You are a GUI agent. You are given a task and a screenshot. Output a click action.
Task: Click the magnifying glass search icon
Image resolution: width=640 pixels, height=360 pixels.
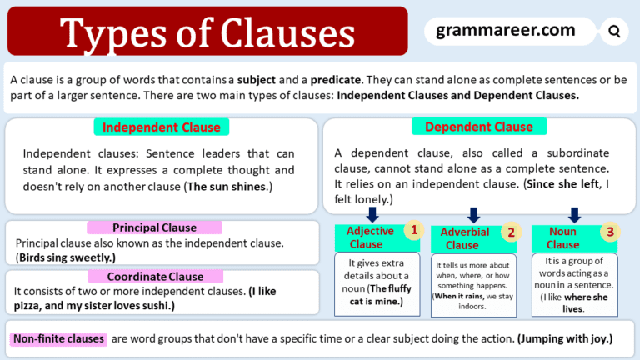(x=614, y=32)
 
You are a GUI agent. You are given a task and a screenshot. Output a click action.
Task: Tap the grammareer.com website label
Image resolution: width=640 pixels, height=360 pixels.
(x=506, y=31)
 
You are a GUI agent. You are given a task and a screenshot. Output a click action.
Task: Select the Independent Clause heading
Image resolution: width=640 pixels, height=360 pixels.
(x=162, y=127)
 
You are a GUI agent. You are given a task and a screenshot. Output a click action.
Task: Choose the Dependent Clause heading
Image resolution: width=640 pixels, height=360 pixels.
(x=478, y=127)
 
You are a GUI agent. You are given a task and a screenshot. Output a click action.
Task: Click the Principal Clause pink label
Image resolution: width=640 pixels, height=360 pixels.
(x=155, y=227)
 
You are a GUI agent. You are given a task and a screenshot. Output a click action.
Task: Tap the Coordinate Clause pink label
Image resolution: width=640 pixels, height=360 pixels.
(x=155, y=277)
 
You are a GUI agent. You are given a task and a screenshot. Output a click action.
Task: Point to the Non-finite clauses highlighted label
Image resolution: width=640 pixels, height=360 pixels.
(x=58, y=339)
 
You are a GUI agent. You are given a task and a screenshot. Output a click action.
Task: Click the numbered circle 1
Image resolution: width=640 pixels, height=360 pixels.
(x=411, y=229)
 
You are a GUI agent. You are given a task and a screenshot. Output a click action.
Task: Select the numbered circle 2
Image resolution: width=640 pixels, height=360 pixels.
(x=512, y=232)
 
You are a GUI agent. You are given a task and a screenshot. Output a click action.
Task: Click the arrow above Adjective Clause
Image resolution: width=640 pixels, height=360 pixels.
(x=372, y=215)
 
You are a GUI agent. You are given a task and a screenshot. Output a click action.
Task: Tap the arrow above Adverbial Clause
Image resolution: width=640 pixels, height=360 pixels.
(x=474, y=216)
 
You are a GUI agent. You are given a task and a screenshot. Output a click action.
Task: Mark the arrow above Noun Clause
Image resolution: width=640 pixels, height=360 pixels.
(x=574, y=215)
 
